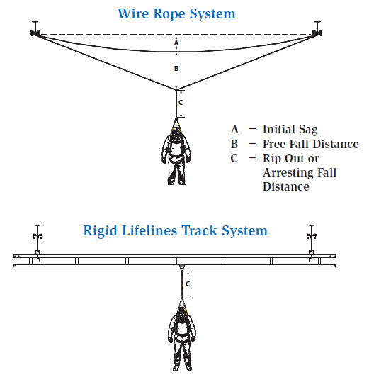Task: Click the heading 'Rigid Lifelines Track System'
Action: point(175,230)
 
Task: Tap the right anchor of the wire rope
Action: point(318,30)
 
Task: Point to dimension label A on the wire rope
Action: point(176,43)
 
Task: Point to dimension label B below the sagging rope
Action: point(176,68)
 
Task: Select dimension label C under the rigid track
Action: point(187,284)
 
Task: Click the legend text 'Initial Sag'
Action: point(290,130)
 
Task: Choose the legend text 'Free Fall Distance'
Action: point(310,144)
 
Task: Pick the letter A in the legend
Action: point(234,130)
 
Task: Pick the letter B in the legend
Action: point(234,144)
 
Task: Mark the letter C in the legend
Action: point(234,158)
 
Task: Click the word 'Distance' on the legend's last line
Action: point(285,187)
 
